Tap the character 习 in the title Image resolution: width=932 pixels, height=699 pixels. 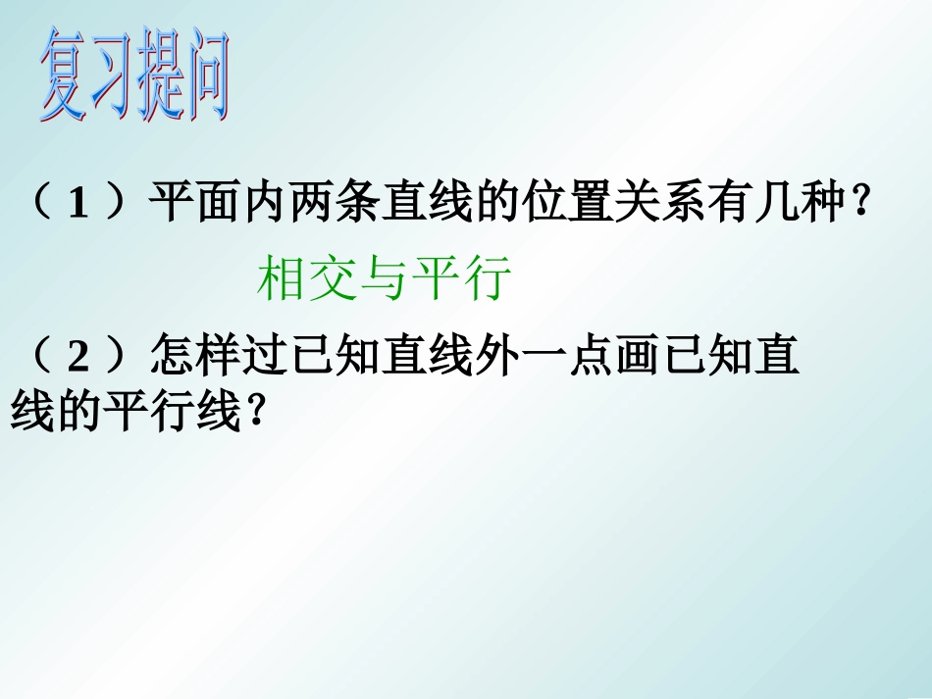click(x=112, y=78)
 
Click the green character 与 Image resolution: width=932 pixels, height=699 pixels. click(x=385, y=279)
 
